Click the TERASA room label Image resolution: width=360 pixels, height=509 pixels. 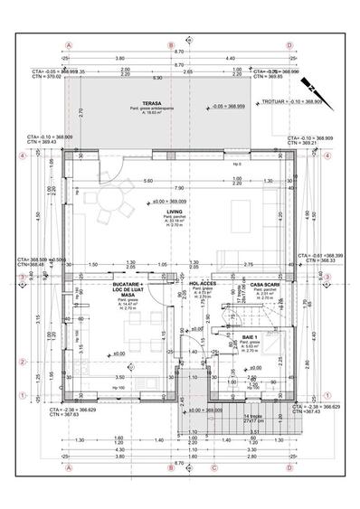tap(138, 103)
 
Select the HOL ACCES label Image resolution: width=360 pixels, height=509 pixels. tap(200, 283)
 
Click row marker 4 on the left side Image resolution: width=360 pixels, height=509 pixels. tap(22, 155)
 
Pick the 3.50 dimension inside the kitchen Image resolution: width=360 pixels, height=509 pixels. tap(118, 377)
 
